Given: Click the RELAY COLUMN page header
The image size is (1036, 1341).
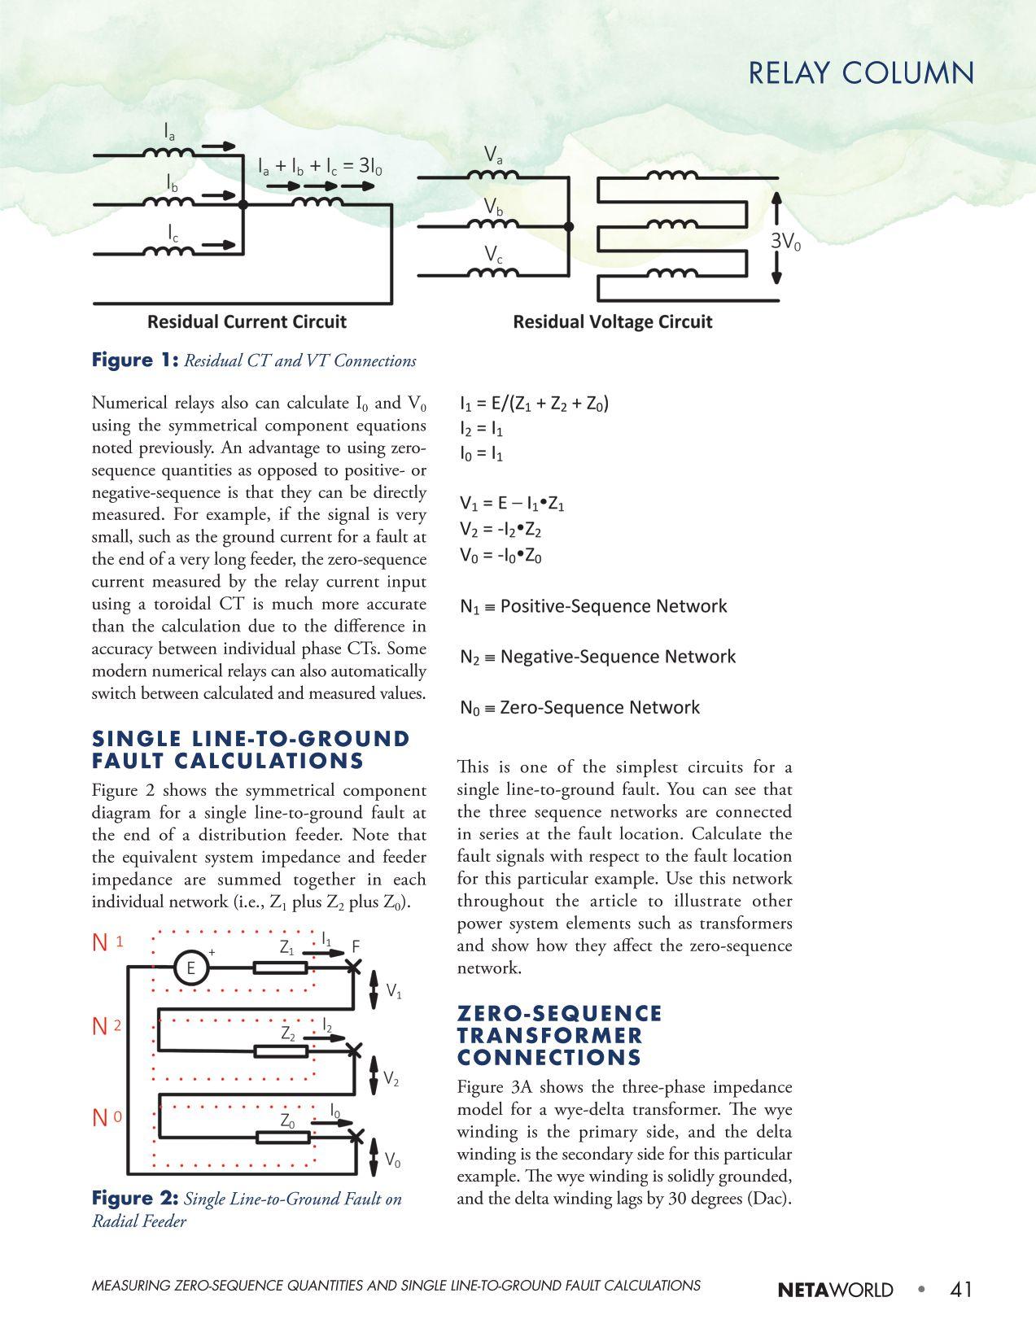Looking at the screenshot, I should pos(860,73).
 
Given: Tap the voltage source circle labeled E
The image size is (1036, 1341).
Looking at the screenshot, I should pos(191,968).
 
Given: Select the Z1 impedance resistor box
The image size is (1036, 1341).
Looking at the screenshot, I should pos(280,968).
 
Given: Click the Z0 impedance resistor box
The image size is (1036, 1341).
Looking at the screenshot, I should pos(281,1137).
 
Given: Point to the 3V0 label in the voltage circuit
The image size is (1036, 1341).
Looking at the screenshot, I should pos(785,241).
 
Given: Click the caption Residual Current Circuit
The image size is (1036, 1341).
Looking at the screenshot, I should pos(247,321).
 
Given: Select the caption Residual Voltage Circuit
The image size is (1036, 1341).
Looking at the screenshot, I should pos(612,321).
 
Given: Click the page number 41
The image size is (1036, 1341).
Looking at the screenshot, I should pos(960,1289).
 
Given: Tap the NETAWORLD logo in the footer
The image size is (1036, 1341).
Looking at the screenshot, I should pos(835,1290).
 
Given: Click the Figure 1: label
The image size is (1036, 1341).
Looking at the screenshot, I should pos(134,360).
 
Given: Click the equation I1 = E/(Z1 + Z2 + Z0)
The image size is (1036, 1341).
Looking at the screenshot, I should pos(534,404).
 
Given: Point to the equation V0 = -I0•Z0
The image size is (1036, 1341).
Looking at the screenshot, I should pos(501,556).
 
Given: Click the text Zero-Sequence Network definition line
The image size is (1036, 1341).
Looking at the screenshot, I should pos(579,707).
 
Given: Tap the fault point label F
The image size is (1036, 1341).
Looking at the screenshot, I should pos(356,946).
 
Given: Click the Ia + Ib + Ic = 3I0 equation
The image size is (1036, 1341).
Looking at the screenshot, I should pos(320,167).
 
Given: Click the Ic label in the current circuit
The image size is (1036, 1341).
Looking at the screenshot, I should pos(173,233).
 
